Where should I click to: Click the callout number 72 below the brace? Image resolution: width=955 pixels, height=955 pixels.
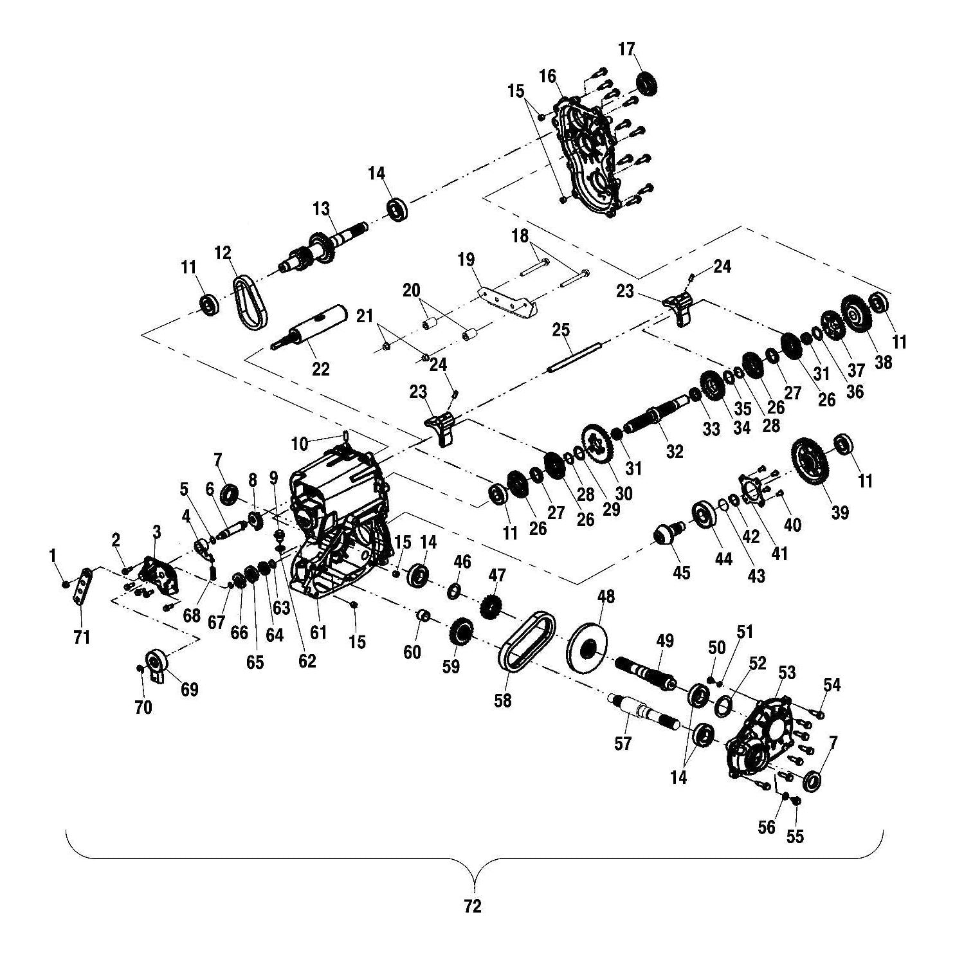[x=472, y=907]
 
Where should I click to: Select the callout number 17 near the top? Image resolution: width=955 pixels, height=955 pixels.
[x=626, y=49]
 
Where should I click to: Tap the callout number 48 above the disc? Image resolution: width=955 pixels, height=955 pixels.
[x=606, y=597]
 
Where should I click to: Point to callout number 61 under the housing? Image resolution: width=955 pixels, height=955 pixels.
[x=318, y=632]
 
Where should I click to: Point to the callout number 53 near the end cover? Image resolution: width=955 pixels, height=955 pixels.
[x=787, y=673]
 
